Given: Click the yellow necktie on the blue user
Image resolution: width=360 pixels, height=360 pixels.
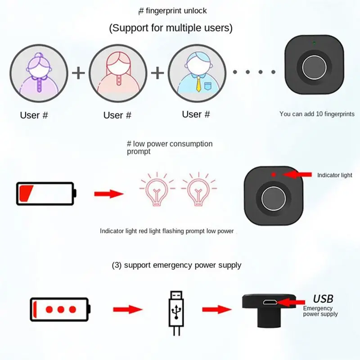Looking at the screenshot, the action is tap(198, 84).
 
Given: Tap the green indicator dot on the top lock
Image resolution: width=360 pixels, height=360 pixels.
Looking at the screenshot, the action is tap(314, 43).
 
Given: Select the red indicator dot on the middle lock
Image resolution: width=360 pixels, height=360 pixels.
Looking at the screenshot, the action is tap(273, 175).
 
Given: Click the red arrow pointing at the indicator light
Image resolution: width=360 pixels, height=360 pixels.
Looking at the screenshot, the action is tap(297, 175).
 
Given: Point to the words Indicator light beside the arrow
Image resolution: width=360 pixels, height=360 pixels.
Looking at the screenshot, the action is tap(334, 175).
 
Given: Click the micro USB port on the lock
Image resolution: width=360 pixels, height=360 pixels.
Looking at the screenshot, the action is tap(270, 302).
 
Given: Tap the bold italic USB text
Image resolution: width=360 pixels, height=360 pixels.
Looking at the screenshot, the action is tap(323, 299).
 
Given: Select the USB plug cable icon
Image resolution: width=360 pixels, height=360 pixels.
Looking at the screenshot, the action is tap(176, 313).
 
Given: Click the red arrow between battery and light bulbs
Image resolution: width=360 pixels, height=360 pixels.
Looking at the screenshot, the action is tap(109, 194).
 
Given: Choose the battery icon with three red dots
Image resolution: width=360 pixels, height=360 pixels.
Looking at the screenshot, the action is tap(60, 310).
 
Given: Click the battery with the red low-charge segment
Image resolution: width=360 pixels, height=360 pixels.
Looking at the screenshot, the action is tap(46, 193).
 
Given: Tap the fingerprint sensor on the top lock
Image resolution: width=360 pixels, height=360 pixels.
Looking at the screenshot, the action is tap(314, 67).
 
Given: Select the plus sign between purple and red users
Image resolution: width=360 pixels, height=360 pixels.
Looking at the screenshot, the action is tap(78, 73).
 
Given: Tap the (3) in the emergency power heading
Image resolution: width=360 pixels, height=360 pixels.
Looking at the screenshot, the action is tap(117, 265).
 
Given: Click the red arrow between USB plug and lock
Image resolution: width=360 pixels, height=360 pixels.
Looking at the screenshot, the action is tap(217, 310).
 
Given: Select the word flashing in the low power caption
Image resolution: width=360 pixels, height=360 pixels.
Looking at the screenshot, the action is tap(173, 231).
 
